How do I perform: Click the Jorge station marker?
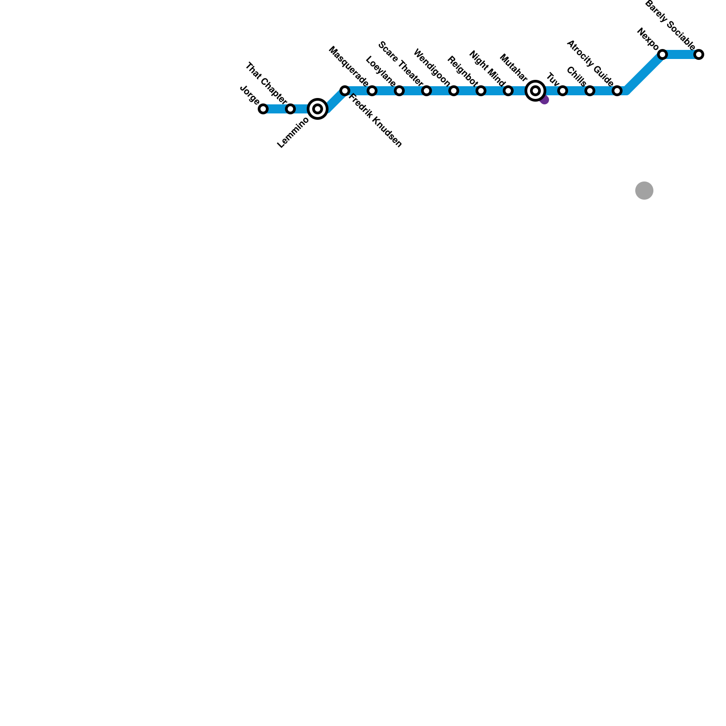[x=263, y=109]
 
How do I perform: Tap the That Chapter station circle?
[x=290, y=109]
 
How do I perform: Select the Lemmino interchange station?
[x=318, y=109]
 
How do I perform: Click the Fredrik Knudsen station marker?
[x=345, y=91]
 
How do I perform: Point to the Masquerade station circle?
[x=372, y=91]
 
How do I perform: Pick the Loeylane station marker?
[x=399, y=91]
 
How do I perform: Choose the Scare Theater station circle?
[x=427, y=91]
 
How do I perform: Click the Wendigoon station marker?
[x=454, y=91]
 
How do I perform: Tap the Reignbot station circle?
[x=481, y=91]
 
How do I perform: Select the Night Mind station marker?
[x=508, y=91]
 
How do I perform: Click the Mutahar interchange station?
[x=535, y=91]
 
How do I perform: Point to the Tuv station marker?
[x=563, y=91]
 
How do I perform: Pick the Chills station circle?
[x=590, y=91]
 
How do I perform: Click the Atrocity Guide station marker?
[x=617, y=91]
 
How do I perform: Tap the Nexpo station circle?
[x=662, y=54]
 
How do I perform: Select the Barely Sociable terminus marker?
[x=699, y=54]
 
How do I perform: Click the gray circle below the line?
[x=644, y=191]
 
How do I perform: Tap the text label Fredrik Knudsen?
[x=375, y=121]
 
